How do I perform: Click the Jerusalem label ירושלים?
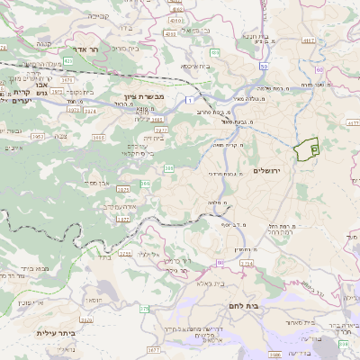click(x=266, y=170)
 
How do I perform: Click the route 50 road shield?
click(x=262, y=66)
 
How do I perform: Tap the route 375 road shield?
click(x=142, y=309)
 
